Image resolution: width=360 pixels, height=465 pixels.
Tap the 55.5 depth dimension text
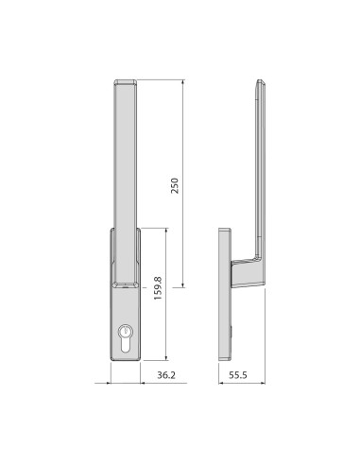click(237, 376)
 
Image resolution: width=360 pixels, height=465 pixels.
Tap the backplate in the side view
click(227, 293)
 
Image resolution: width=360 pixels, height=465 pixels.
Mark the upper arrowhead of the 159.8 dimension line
click(166, 229)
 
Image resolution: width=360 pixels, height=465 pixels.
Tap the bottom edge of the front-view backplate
click(126, 360)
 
